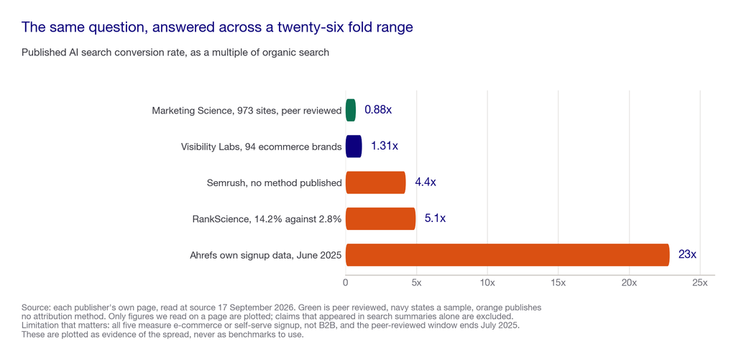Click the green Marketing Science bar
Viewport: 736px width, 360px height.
pos(351,111)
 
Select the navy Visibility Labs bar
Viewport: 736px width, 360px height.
pos(354,147)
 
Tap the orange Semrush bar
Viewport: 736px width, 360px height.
pos(375,183)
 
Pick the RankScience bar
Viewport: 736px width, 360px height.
pos(381,218)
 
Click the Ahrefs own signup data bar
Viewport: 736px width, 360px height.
pos(507,255)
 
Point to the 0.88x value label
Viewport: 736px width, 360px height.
pos(378,111)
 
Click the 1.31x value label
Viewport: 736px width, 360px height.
pos(385,147)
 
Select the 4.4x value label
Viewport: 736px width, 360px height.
pos(425,183)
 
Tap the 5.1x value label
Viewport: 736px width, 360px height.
pos(435,218)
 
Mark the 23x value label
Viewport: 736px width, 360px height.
pos(687,255)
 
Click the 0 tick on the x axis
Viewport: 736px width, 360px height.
pos(346,283)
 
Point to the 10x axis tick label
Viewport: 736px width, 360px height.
pos(487,283)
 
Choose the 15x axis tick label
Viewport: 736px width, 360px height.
pos(558,283)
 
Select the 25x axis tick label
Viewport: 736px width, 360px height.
pos(700,283)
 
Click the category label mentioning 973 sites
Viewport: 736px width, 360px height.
pos(247,111)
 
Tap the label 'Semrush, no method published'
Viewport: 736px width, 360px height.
pos(274,183)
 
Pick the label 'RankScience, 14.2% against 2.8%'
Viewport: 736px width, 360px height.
pos(267,219)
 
